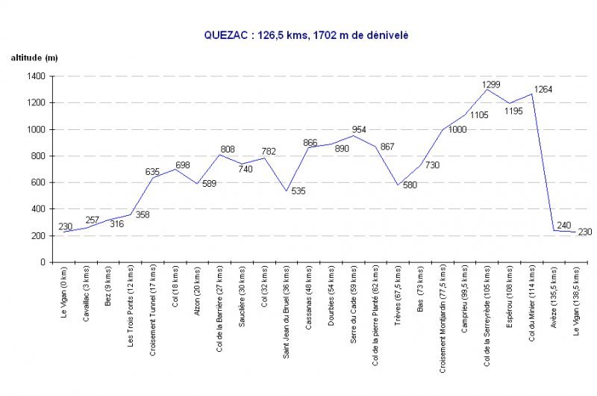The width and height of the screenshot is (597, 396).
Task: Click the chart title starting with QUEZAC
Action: coord(307,34)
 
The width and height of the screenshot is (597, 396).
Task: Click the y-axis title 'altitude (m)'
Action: coord(34,58)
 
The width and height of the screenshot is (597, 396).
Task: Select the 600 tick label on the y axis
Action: coord(38,182)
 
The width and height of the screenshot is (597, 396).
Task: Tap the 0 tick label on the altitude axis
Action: coord(43,262)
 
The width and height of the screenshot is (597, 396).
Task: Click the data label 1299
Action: coord(491,84)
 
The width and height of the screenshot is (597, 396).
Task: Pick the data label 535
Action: coord(298,191)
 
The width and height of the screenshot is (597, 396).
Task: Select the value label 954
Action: coord(360,129)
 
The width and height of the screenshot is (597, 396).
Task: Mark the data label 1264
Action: coord(543,90)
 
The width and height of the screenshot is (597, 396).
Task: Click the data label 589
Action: coord(210,184)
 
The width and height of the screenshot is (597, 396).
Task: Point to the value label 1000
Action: coord(457,130)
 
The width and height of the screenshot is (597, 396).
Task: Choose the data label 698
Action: coord(184,164)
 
